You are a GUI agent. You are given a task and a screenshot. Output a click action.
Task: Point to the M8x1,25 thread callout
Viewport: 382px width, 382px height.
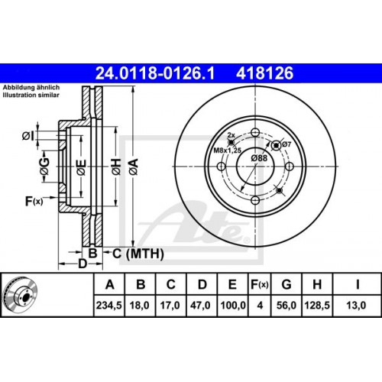(x=227, y=150)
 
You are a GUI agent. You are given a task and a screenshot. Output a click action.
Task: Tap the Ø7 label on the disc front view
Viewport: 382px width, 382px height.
(x=286, y=144)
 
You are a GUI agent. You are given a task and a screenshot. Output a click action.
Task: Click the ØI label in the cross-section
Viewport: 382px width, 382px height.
(x=29, y=136)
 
